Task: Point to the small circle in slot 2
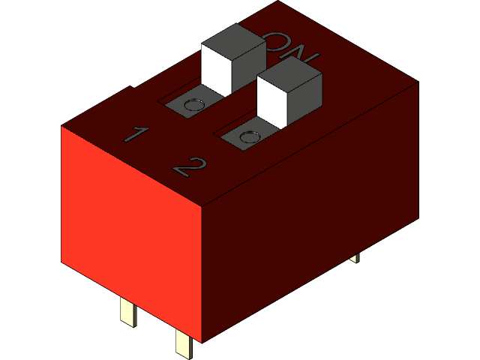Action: click(250, 136)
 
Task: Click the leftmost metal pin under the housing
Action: click(128, 310)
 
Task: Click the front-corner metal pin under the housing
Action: click(184, 343)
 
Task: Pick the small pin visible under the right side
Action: click(354, 257)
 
